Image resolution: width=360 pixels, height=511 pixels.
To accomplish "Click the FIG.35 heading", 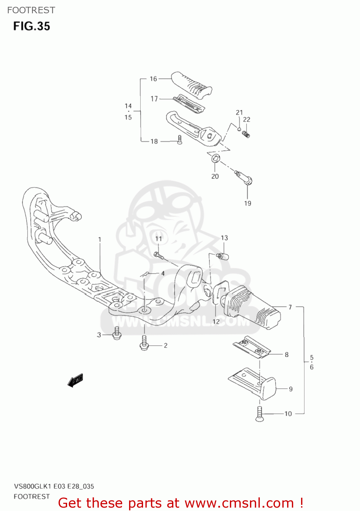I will (32, 26).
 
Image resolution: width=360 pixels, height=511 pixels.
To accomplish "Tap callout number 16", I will (153, 79).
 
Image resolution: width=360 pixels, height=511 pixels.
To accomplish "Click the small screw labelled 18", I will (180, 140).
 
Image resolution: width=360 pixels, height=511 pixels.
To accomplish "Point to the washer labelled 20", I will (215, 158).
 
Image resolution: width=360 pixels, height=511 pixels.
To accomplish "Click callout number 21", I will (239, 112).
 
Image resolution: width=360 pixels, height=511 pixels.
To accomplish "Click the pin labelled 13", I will (223, 256).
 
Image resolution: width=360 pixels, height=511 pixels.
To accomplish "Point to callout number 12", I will (216, 321).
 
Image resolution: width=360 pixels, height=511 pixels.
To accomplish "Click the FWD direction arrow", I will (76, 381).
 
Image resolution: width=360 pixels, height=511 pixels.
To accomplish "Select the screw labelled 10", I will (260, 414).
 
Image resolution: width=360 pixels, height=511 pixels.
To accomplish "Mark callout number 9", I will (291, 389).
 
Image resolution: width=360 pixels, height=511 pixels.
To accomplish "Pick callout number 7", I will (290, 307).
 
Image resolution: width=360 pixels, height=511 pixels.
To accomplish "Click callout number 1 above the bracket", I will (100, 239).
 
